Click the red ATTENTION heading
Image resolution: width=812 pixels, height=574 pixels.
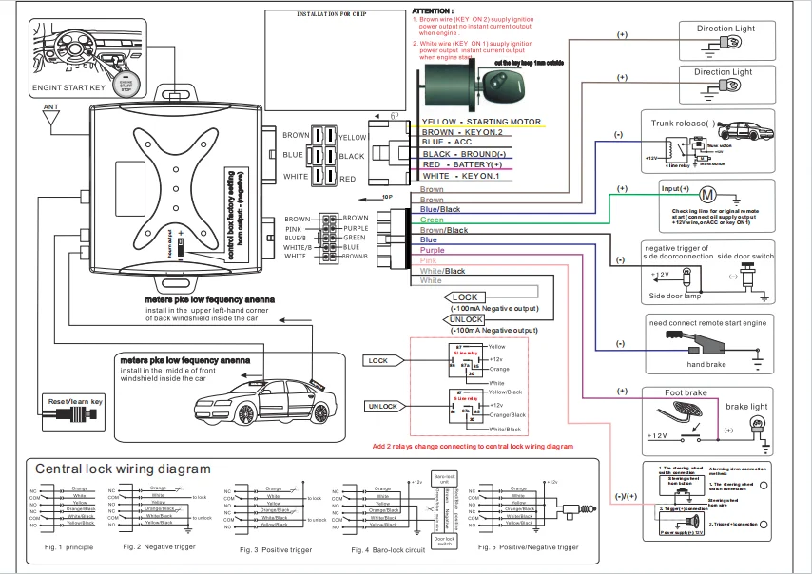pos(434,10)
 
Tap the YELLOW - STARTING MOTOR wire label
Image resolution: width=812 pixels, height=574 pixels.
pos(481,123)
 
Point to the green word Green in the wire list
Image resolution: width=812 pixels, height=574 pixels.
pos(432,220)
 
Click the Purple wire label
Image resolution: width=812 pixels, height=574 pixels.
pos(433,250)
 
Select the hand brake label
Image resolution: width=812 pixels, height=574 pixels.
pos(706,364)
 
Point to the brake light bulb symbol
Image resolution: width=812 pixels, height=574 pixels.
pos(759,424)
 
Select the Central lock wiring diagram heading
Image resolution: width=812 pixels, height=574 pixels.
pos(123,469)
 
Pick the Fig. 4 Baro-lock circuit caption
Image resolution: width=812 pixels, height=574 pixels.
pos(387,550)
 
